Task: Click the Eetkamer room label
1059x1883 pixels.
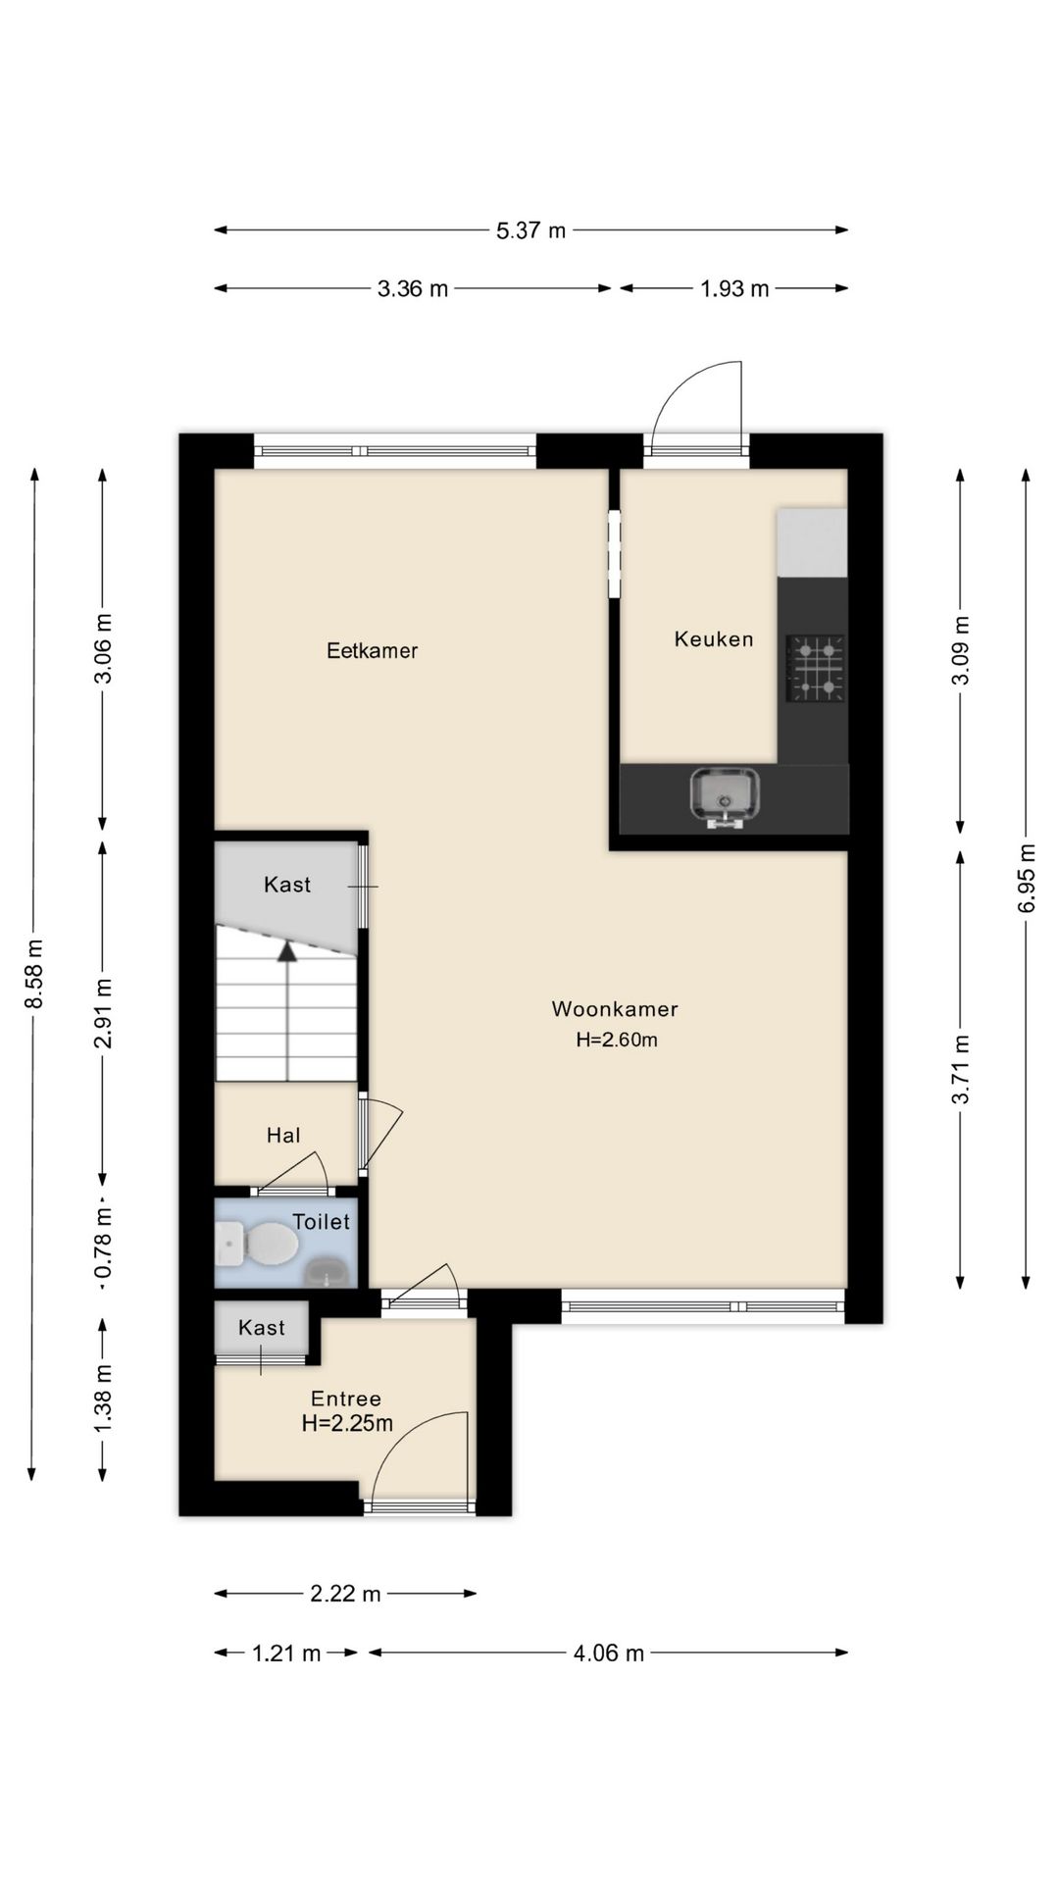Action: coord(372,651)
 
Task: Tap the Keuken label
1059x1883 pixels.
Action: coord(714,639)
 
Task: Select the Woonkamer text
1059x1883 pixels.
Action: coord(615,1009)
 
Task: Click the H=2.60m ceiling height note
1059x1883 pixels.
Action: coord(617,1041)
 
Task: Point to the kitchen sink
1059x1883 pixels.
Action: coord(725,794)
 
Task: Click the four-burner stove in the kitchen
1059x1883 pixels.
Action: coord(816,668)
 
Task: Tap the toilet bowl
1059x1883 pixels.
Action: coord(269,1244)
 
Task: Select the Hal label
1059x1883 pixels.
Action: coord(283,1136)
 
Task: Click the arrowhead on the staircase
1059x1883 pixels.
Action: coord(286,949)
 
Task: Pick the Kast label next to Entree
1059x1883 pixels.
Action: coord(262,1328)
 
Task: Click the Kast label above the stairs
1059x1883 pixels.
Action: coord(287,885)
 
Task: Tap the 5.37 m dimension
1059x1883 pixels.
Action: coord(530,230)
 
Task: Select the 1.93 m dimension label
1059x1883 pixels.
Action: coord(734,288)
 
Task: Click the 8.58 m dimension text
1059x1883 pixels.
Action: coord(34,973)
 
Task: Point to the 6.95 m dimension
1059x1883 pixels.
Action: coord(1027,878)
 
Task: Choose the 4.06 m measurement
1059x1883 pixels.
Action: coord(608,1654)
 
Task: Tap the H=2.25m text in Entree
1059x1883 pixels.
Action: coord(347,1423)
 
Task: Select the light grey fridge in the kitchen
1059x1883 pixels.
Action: coord(812,542)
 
